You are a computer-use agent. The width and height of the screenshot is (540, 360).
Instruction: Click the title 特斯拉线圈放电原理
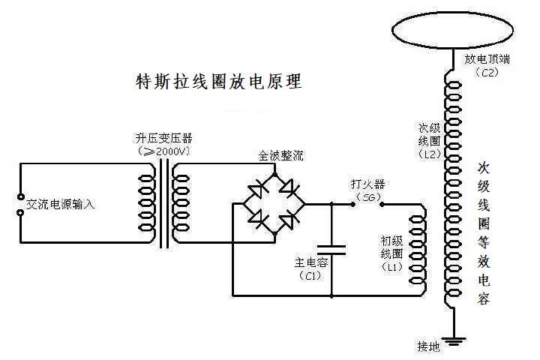[218, 82]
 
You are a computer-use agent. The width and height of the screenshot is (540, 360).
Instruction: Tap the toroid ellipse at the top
[450, 29]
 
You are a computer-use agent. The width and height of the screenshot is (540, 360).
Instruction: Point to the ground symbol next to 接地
[451, 343]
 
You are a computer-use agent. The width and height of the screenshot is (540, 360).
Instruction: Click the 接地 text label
[429, 346]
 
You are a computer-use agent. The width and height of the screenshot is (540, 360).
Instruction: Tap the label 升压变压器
[163, 139]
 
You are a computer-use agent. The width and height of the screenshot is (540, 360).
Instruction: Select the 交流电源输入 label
[61, 204]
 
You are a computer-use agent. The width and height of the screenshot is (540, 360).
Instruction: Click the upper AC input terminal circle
[20, 197]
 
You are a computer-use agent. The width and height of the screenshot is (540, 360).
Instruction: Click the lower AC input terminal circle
[20, 212]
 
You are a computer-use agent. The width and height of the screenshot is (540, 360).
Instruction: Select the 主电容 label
[310, 263]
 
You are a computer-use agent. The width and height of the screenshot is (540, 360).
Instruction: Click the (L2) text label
[430, 153]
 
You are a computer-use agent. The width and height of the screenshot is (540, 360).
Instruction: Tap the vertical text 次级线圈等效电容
[484, 232]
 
